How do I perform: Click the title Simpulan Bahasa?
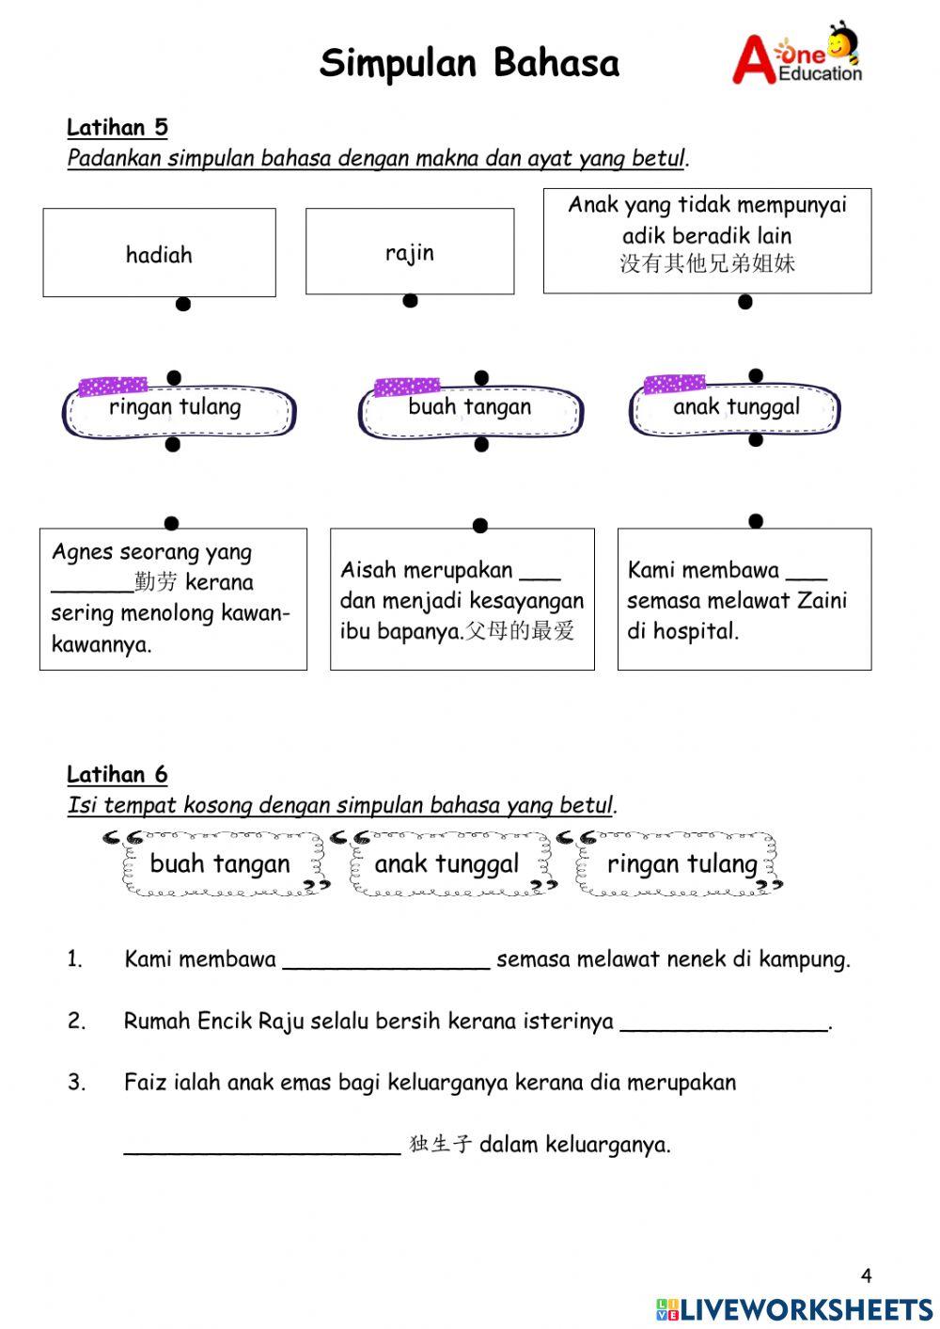(x=469, y=63)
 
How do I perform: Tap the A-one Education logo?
(x=797, y=55)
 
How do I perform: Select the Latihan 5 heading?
(x=117, y=127)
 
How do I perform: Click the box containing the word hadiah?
(x=159, y=253)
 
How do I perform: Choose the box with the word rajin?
(x=410, y=251)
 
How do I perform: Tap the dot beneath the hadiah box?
(x=183, y=304)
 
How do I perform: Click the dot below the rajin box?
(x=410, y=301)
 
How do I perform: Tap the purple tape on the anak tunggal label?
(x=674, y=384)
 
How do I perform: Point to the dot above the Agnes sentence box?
(x=171, y=523)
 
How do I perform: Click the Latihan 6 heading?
(x=117, y=774)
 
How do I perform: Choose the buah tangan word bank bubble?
(x=220, y=863)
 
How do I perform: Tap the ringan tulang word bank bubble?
(x=681, y=863)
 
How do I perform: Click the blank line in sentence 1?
(x=385, y=961)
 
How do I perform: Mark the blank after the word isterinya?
(x=724, y=1023)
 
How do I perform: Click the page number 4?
(x=866, y=1275)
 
